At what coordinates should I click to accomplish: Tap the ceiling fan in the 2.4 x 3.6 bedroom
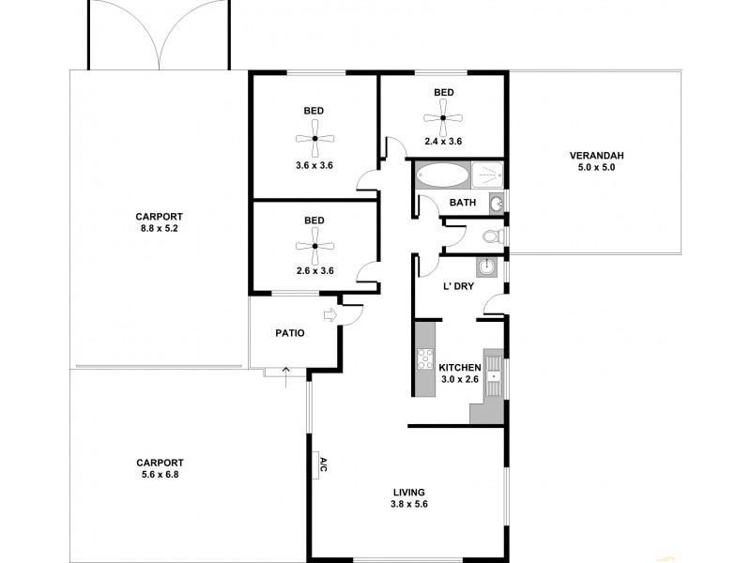click(x=444, y=118)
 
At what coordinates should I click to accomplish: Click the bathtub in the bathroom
click(x=442, y=175)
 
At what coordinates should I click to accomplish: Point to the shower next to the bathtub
click(x=487, y=175)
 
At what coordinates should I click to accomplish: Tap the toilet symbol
click(x=496, y=236)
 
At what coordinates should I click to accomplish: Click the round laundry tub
click(x=486, y=268)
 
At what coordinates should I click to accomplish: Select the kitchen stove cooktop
click(x=422, y=359)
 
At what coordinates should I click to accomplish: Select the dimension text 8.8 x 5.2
click(x=157, y=226)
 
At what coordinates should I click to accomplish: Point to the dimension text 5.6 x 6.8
click(x=159, y=475)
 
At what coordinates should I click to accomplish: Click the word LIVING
click(x=409, y=492)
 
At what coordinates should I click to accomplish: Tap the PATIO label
click(x=289, y=333)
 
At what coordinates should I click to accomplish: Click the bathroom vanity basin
click(x=496, y=202)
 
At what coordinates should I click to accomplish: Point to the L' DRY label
click(x=458, y=286)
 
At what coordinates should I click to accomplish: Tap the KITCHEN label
click(x=461, y=367)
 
